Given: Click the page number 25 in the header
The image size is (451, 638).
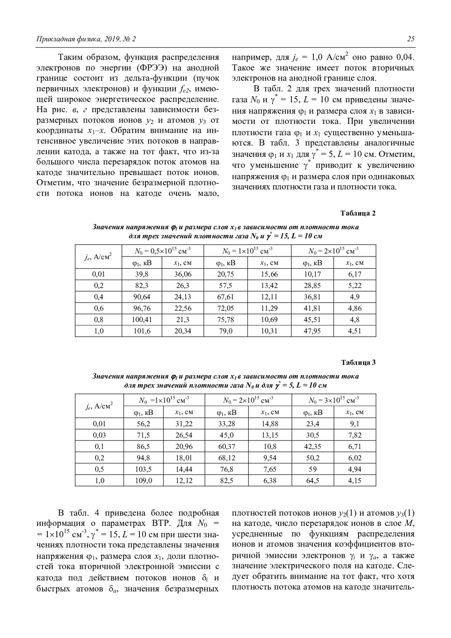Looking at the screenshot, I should [410, 39].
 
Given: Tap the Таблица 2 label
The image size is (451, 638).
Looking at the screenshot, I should [358, 213].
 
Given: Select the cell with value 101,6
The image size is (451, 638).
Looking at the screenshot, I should [142, 331].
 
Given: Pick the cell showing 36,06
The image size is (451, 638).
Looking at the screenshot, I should [183, 274].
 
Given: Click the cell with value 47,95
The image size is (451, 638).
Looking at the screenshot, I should [312, 331].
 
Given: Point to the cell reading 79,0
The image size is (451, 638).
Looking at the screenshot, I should [225, 331].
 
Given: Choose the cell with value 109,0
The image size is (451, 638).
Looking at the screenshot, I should [143, 480].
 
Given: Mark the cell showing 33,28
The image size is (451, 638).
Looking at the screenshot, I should [226, 424].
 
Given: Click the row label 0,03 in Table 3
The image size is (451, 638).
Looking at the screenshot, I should [99, 435].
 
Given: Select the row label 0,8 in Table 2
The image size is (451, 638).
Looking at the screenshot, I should [99, 320].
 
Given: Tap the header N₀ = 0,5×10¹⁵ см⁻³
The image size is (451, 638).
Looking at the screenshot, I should [162, 251].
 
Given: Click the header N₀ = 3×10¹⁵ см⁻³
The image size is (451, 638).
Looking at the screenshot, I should [334, 400].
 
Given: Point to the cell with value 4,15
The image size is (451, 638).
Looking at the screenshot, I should [354, 480].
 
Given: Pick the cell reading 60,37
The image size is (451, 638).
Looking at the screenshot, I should [226, 446].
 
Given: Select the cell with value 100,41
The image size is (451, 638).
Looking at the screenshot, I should [142, 320].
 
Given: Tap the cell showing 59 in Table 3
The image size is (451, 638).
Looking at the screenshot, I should [313, 469].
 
